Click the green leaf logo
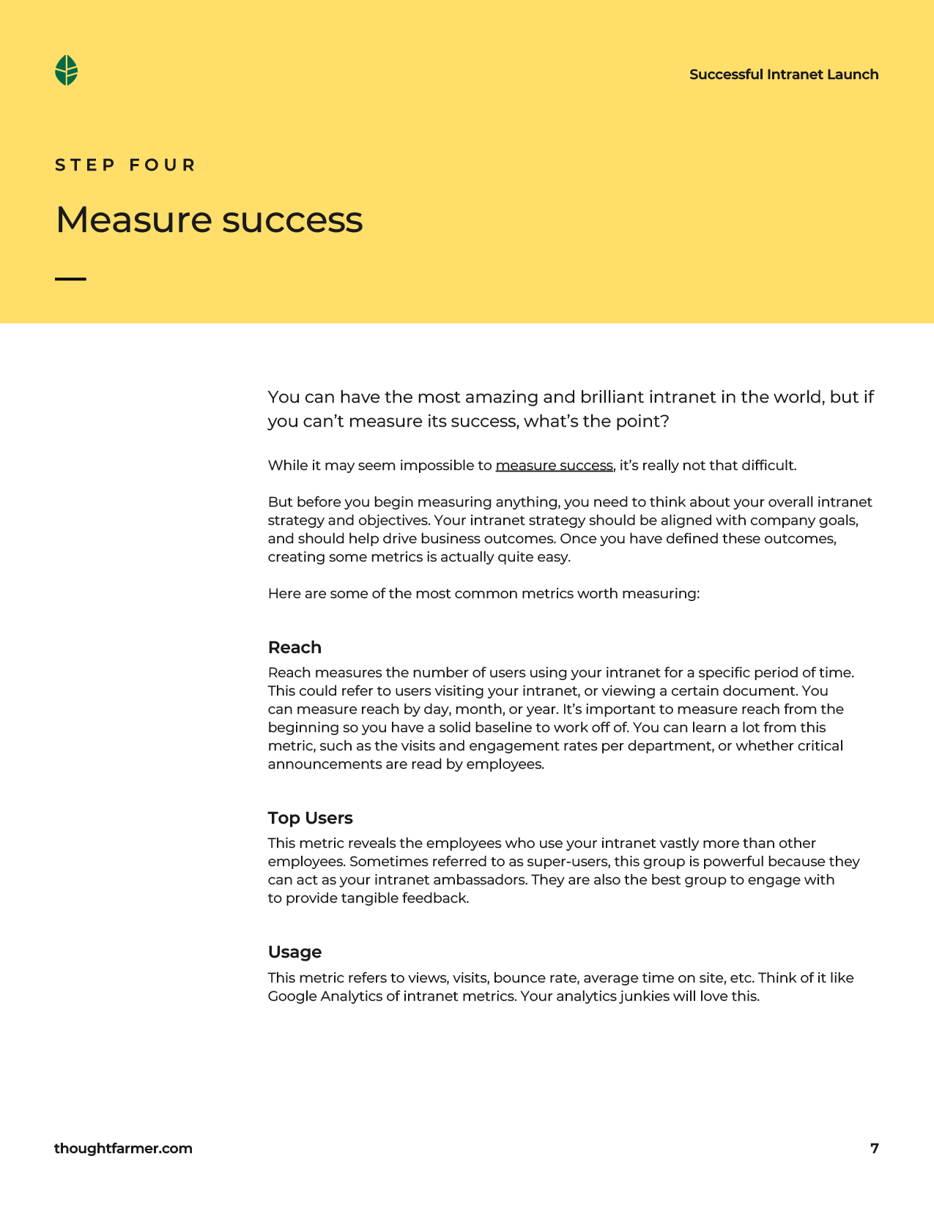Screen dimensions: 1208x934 [x=67, y=70]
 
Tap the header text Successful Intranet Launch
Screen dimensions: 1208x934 [x=784, y=75]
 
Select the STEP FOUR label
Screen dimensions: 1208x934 [x=125, y=165]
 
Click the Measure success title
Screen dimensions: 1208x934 [x=209, y=220]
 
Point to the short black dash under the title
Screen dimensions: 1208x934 [x=70, y=279]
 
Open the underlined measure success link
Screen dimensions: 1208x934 [x=554, y=466]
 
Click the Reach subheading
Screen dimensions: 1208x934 [x=294, y=648]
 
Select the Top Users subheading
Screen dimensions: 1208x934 [x=310, y=819]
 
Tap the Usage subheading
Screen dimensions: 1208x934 [x=294, y=952]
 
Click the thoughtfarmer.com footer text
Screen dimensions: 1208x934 [x=123, y=1149]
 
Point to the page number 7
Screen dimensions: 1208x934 [x=874, y=1149]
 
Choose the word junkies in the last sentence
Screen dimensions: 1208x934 [x=642, y=996]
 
